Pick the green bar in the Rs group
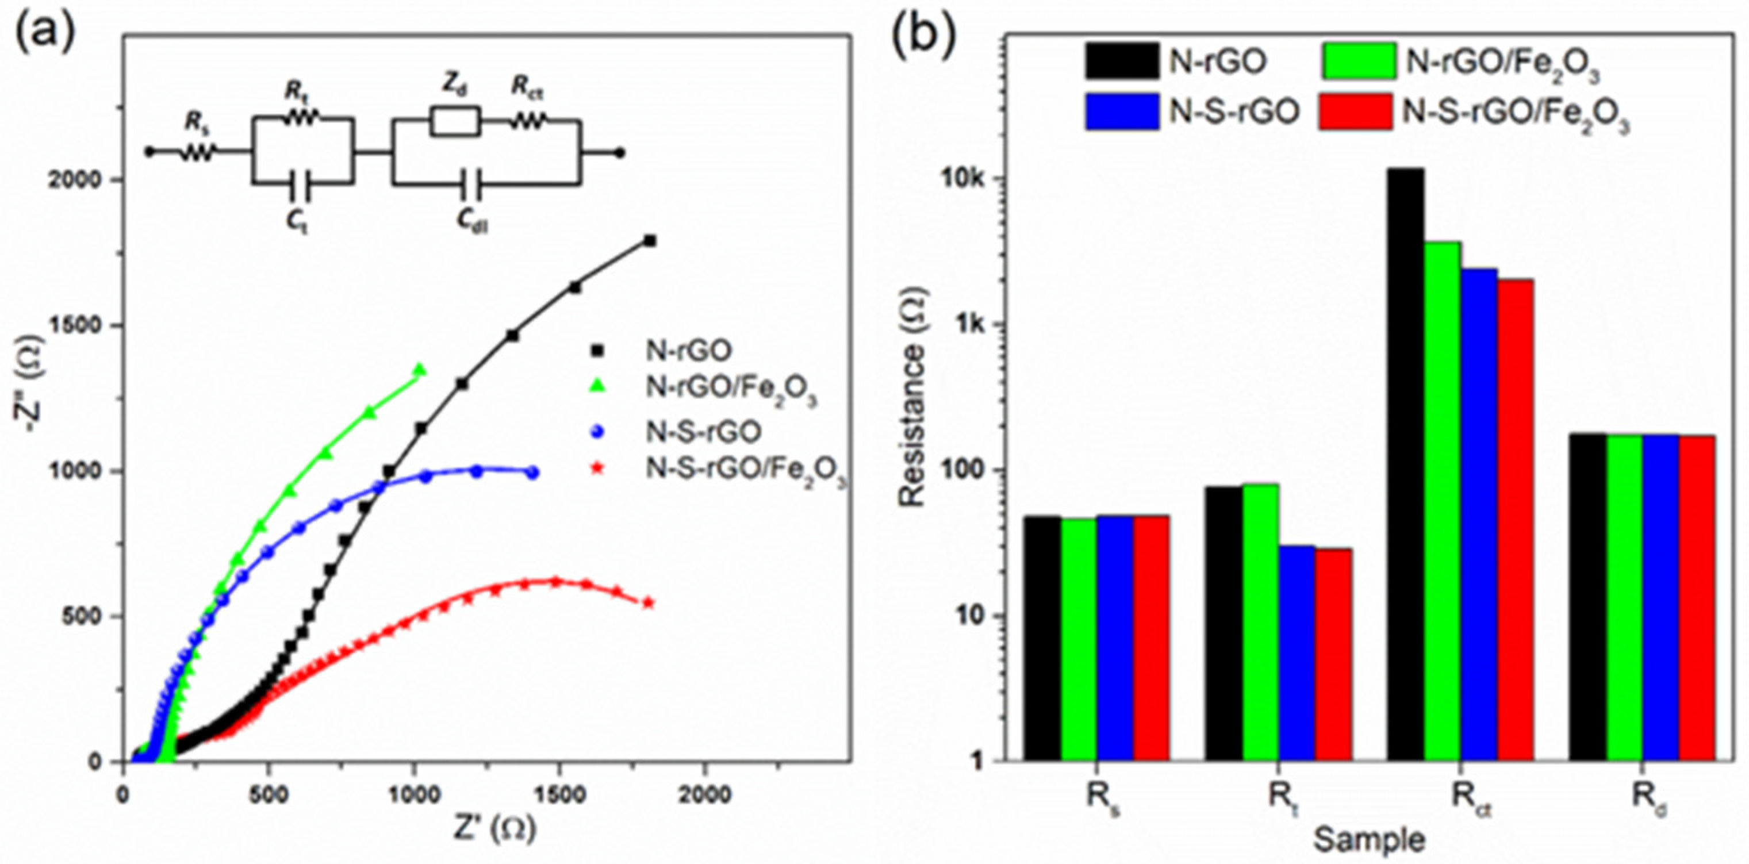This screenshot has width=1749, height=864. pyautogui.click(x=1079, y=639)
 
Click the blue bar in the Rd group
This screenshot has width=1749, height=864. pyautogui.click(x=1660, y=597)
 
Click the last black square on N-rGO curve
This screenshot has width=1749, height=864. pyautogui.click(x=650, y=241)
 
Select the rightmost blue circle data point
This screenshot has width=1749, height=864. pyautogui.click(x=533, y=473)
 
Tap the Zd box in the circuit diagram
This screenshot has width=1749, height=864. pyautogui.click(x=455, y=121)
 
